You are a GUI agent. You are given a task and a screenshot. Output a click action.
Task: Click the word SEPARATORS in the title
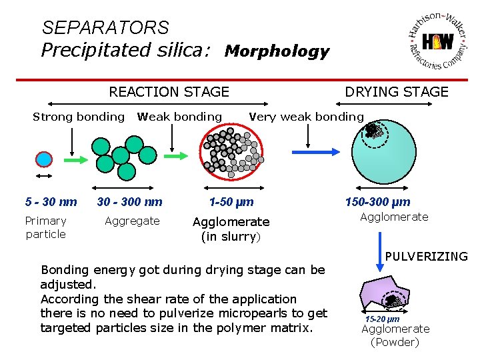(x=105, y=28)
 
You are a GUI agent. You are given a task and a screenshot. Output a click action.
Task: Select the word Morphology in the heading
(x=277, y=51)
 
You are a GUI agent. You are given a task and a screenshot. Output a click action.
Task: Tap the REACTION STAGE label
(x=169, y=92)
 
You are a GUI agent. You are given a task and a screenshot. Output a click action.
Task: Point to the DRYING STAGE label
(x=397, y=92)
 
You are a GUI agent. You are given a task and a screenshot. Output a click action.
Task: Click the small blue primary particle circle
(x=44, y=159)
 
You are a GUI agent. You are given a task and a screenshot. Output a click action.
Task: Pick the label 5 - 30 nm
(x=51, y=202)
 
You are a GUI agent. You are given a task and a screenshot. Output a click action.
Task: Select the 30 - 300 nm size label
(x=129, y=202)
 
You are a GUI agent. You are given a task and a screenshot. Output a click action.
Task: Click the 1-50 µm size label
(x=231, y=202)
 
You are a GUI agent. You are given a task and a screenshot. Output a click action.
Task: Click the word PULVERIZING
(x=427, y=256)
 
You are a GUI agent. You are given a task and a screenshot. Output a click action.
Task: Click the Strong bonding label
(x=79, y=117)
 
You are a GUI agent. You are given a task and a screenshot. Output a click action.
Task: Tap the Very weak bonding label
(x=306, y=117)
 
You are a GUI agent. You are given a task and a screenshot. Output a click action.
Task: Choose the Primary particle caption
(x=45, y=227)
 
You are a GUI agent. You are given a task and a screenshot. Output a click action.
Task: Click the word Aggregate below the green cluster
(x=132, y=221)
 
